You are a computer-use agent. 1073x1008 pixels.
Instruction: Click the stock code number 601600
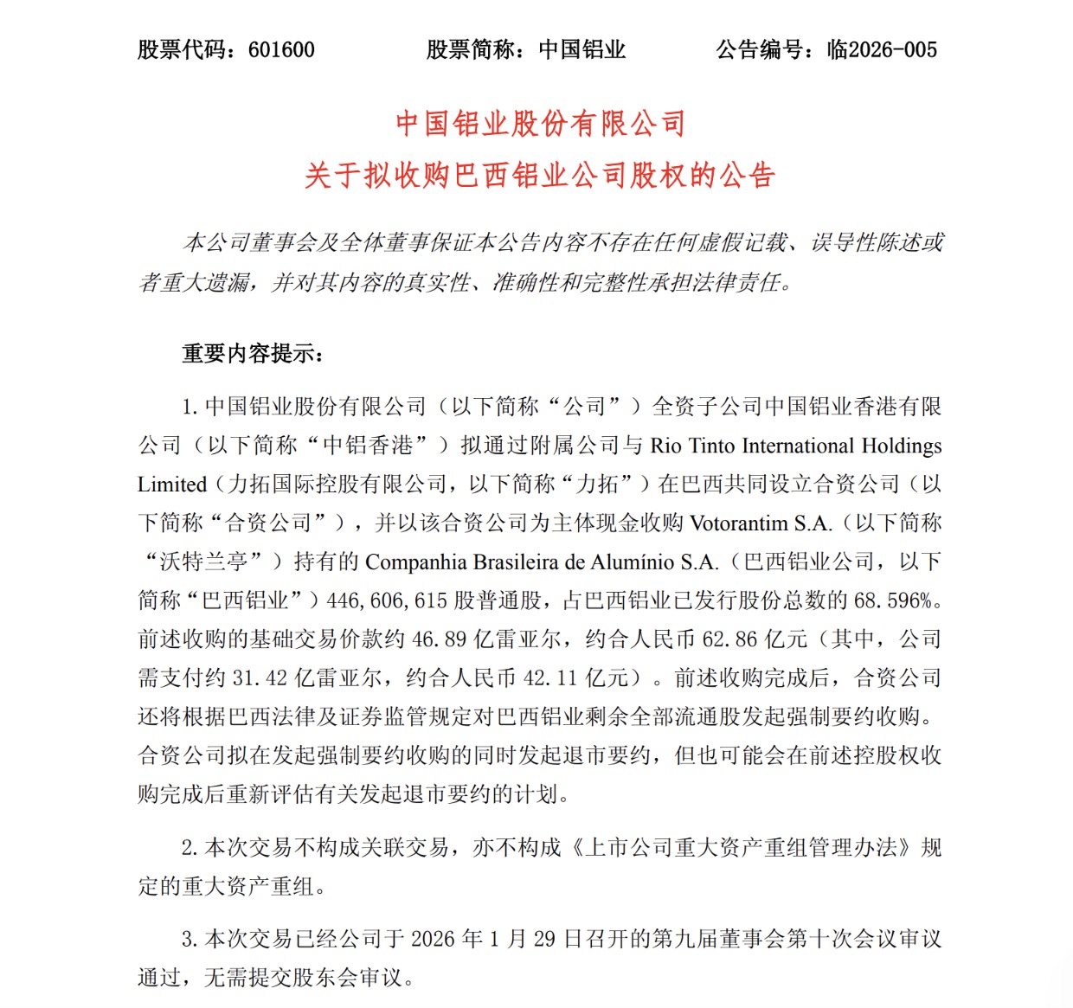point(281,49)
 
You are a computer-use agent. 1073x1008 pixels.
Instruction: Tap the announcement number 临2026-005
point(882,49)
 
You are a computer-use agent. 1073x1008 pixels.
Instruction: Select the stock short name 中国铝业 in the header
point(582,49)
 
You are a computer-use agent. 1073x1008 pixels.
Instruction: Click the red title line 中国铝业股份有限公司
point(540,124)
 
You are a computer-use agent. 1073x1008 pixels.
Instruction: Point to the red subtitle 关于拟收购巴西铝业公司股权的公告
point(540,176)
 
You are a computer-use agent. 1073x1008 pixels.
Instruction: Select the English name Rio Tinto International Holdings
point(795,446)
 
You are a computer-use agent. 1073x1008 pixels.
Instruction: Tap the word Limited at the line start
point(172,485)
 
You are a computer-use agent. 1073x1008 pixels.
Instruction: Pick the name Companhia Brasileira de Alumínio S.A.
point(542,562)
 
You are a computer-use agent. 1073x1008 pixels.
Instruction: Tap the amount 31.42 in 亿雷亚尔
point(260,677)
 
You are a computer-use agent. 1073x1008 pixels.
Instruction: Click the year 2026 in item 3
point(433,939)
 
